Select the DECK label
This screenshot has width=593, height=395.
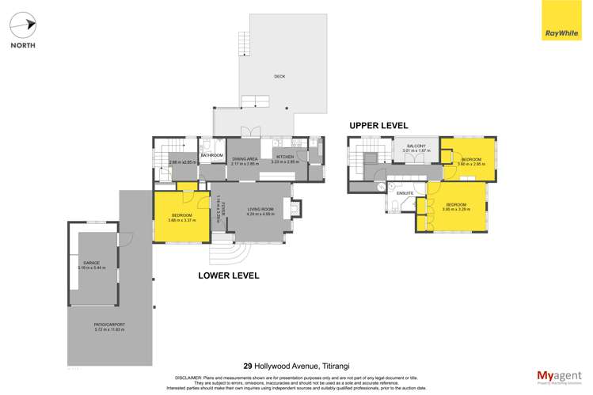click(279, 77)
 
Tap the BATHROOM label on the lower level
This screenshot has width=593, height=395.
click(211, 156)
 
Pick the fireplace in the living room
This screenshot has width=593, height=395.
click(295, 210)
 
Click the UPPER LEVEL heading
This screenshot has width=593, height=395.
click(381, 126)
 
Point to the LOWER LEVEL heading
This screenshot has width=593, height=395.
click(229, 275)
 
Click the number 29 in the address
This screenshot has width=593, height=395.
click(249, 366)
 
